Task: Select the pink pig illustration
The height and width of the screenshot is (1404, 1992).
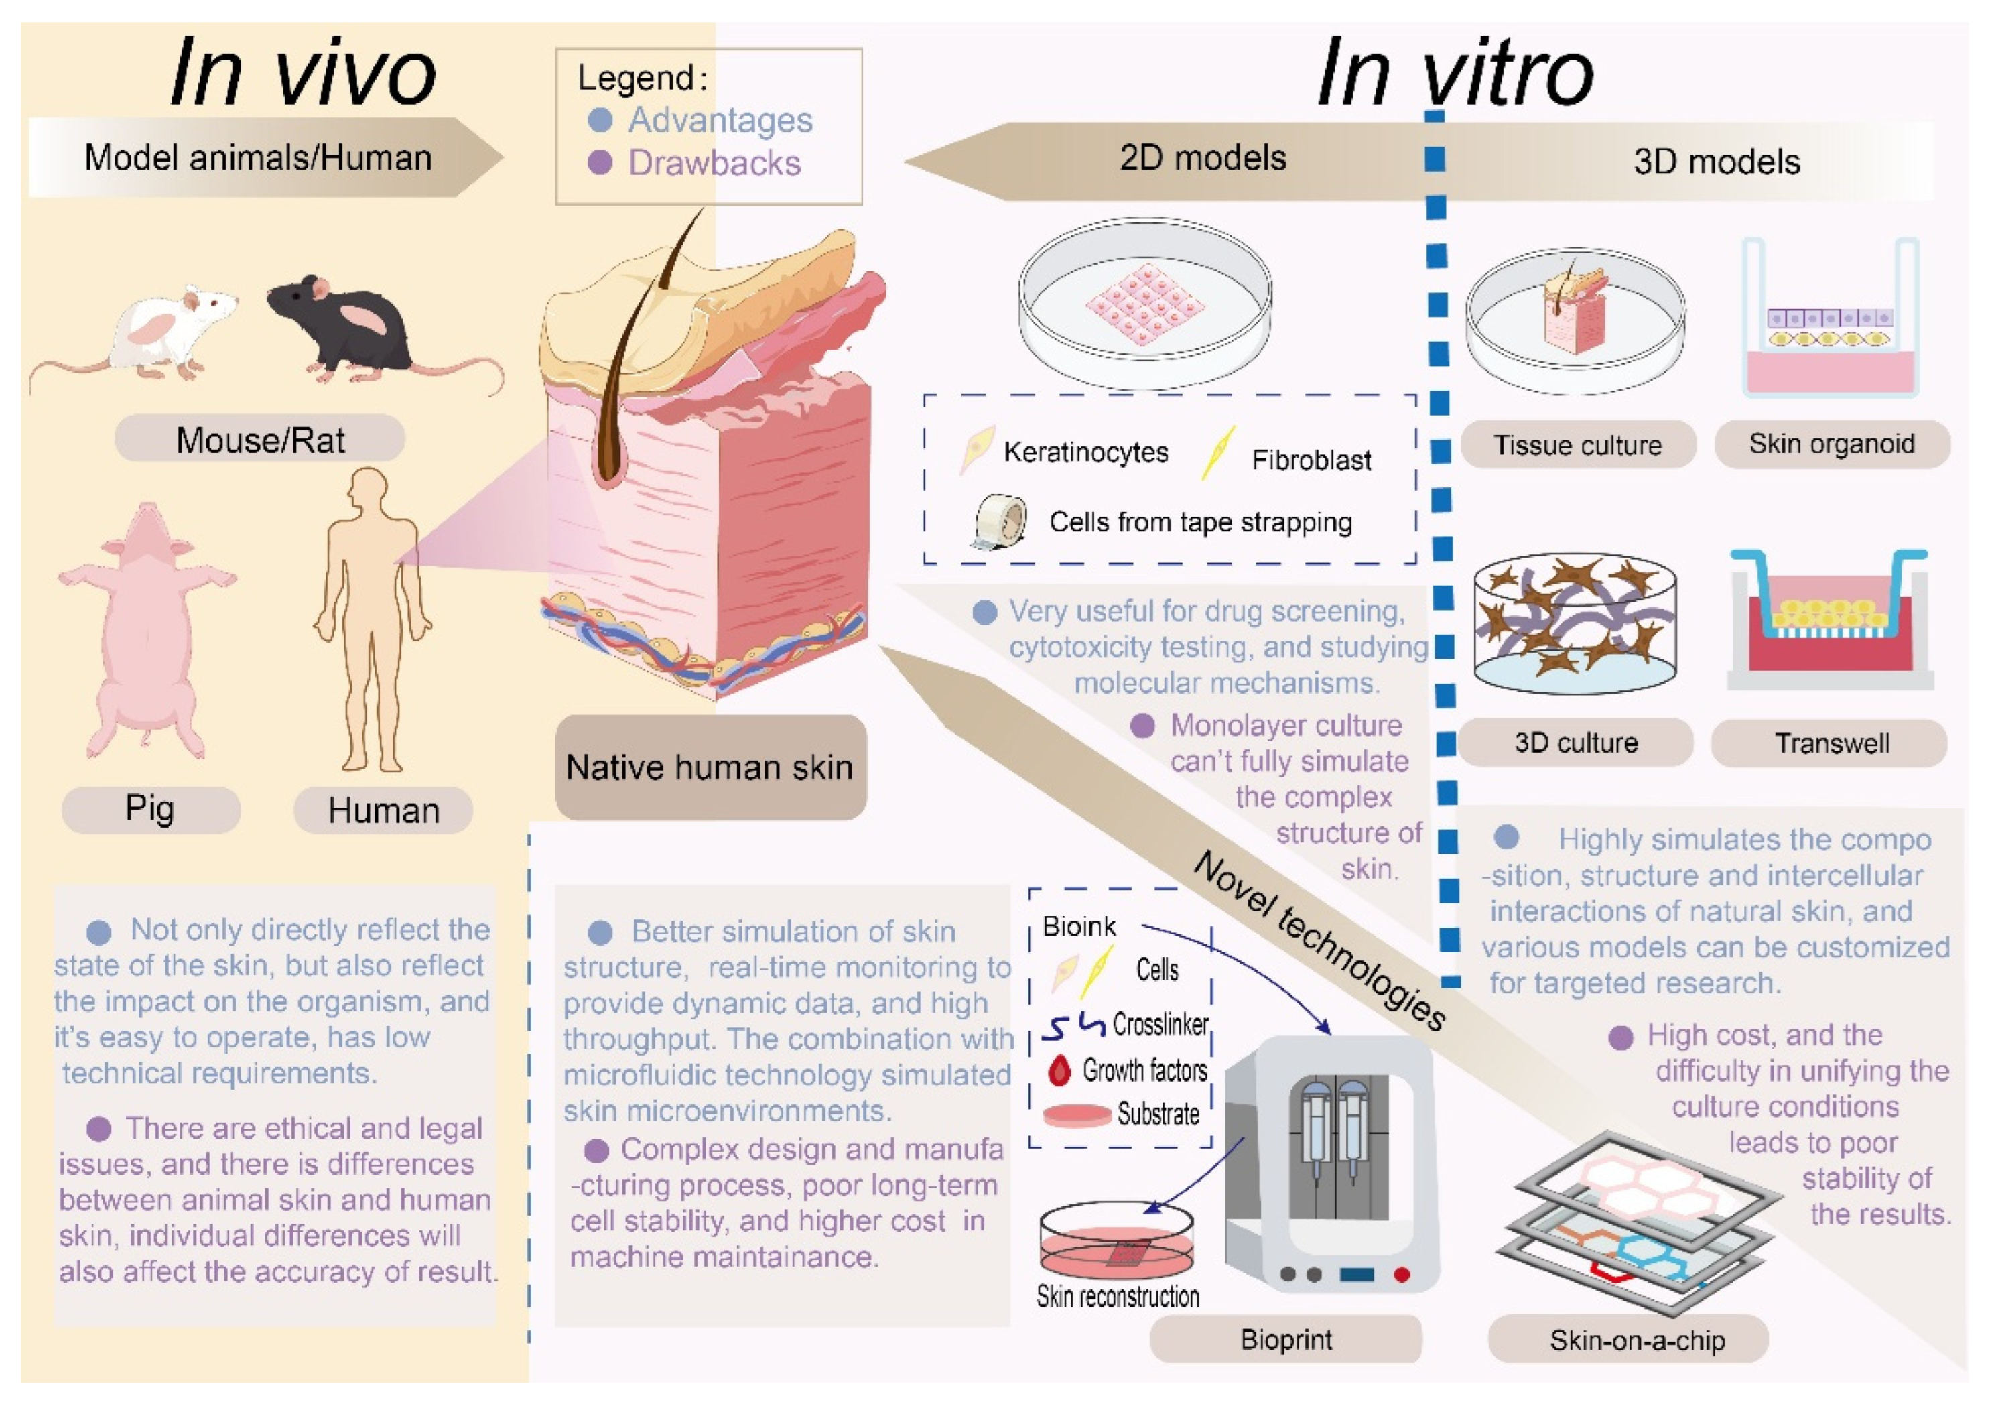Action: pyautogui.click(x=147, y=629)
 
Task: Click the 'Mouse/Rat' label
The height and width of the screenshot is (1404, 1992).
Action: pyautogui.click(x=260, y=440)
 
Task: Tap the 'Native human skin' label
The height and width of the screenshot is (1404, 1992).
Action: pyautogui.click(x=710, y=767)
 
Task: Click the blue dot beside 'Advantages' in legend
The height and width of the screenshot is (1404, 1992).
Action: pyautogui.click(x=600, y=120)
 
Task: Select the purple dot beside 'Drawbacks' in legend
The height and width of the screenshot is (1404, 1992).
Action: pyautogui.click(x=600, y=162)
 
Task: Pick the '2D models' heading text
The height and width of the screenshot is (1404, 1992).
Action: pyautogui.click(x=1203, y=158)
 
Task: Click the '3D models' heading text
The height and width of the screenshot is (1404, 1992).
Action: pyautogui.click(x=1716, y=162)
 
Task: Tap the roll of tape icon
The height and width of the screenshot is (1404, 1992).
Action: pyautogui.click(x=1000, y=522)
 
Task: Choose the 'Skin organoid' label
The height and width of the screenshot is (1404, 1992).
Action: pyautogui.click(x=1831, y=444)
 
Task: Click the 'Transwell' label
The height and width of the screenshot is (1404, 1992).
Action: pyautogui.click(x=1831, y=743)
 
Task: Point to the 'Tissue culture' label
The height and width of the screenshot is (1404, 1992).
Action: pyautogui.click(x=1577, y=445)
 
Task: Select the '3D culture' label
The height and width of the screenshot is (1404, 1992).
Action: pyautogui.click(x=1575, y=742)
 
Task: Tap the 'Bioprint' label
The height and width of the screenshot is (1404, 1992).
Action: pyautogui.click(x=1286, y=1339)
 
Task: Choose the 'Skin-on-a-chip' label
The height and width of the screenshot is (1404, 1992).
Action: pyautogui.click(x=1637, y=1340)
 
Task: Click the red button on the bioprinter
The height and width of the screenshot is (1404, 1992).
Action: pyautogui.click(x=1401, y=1274)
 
